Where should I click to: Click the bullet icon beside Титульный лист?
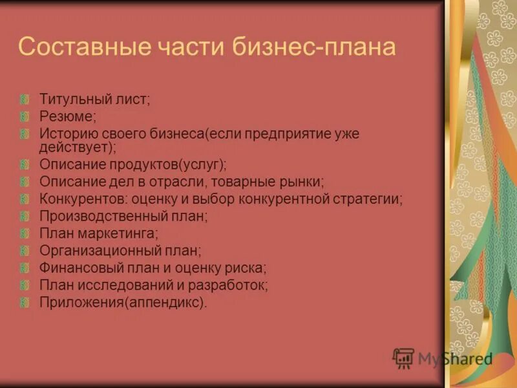point(25,100)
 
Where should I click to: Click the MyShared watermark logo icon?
point(403,358)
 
